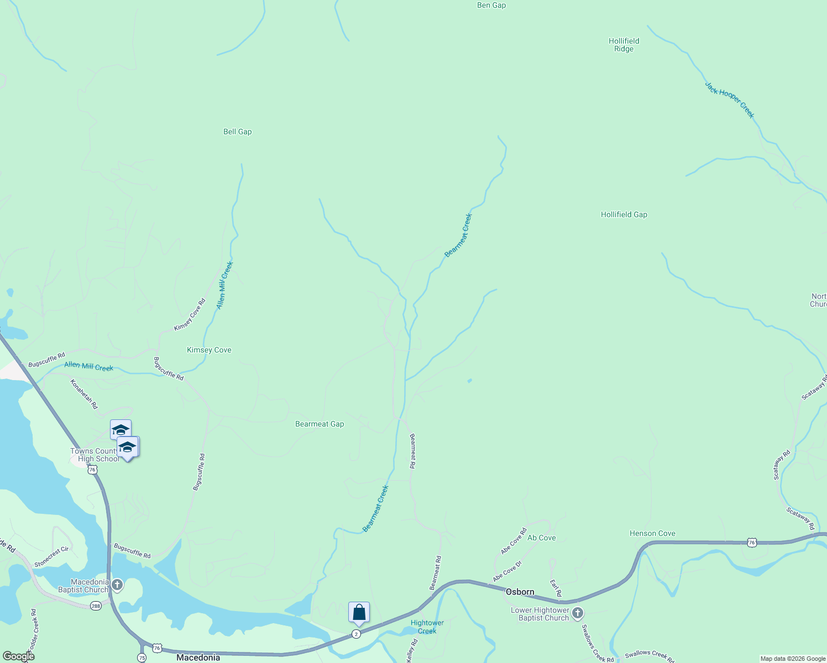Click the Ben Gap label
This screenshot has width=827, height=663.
pyautogui.click(x=491, y=6)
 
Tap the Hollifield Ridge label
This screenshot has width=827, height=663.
pyautogui.click(x=624, y=45)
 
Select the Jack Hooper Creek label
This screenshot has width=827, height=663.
pyautogui.click(x=729, y=99)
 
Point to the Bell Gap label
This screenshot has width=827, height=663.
pyautogui.click(x=237, y=131)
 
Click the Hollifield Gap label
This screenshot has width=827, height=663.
pyautogui.click(x=624, y=214)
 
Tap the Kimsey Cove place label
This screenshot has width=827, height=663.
pyautogui.click(x=209, y=350)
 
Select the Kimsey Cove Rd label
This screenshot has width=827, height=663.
pyautogui.click(x=190, y=315)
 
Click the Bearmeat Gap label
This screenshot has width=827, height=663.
pyautogui.click(x=320, y=424)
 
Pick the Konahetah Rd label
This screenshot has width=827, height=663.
pyautogui.click(x=84, y=393)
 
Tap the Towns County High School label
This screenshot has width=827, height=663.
pyautogui.click(x=95, y=455)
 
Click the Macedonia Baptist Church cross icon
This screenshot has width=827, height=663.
pyautogui.click(x=117, y=585)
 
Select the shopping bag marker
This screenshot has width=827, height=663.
pyautogui.click(x=359, y=612)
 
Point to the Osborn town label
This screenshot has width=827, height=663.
pyautogui.click(x=520, y=592)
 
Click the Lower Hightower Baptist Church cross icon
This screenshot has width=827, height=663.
pyautogui.click(x=578, y=613)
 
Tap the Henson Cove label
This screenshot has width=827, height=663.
pyautogui.click(x=652, y=533)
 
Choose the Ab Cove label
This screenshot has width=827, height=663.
pyautogui.click(x=541, y=538)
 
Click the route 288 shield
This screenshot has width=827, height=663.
pyautogui.click(x=96, y=606)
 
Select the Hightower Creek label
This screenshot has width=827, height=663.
pyautogui.click(x=427, y=627)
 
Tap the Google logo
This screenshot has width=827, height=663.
pyautogui.click(x=18, y=656)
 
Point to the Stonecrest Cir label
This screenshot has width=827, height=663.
pyautogui.click(x=51, y=557)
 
